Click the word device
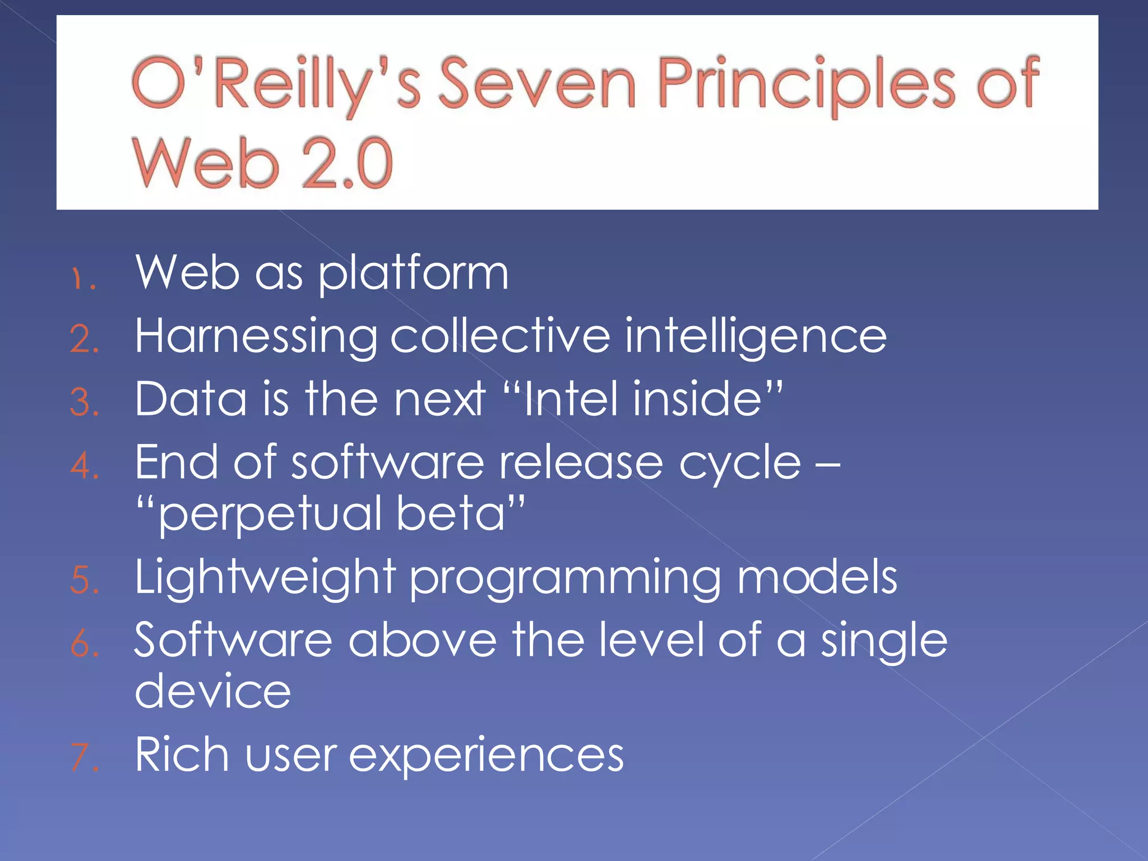213,691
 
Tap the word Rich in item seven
182,754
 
